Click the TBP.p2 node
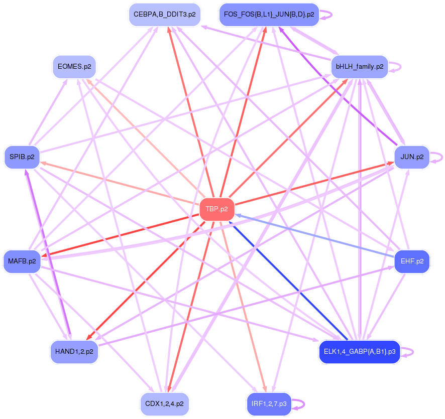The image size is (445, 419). click(217, 209)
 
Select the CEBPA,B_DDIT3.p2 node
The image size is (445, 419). click(164, 15)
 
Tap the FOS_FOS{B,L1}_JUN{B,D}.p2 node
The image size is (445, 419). click(269, 15)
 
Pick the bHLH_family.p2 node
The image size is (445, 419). click(359, 67)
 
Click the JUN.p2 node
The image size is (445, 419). click(412, 157)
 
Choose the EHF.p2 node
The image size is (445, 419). click(412, 261)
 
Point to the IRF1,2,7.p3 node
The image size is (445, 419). click(269, 404)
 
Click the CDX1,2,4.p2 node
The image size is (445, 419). click(164, 404)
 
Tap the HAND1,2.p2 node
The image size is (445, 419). click(74, 352)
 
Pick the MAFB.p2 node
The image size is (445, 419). click(22, 261)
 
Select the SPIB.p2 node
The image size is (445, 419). click(22, 157)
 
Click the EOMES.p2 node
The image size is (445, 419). click(74, 67)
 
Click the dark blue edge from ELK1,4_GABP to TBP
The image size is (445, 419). click(291, 281)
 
